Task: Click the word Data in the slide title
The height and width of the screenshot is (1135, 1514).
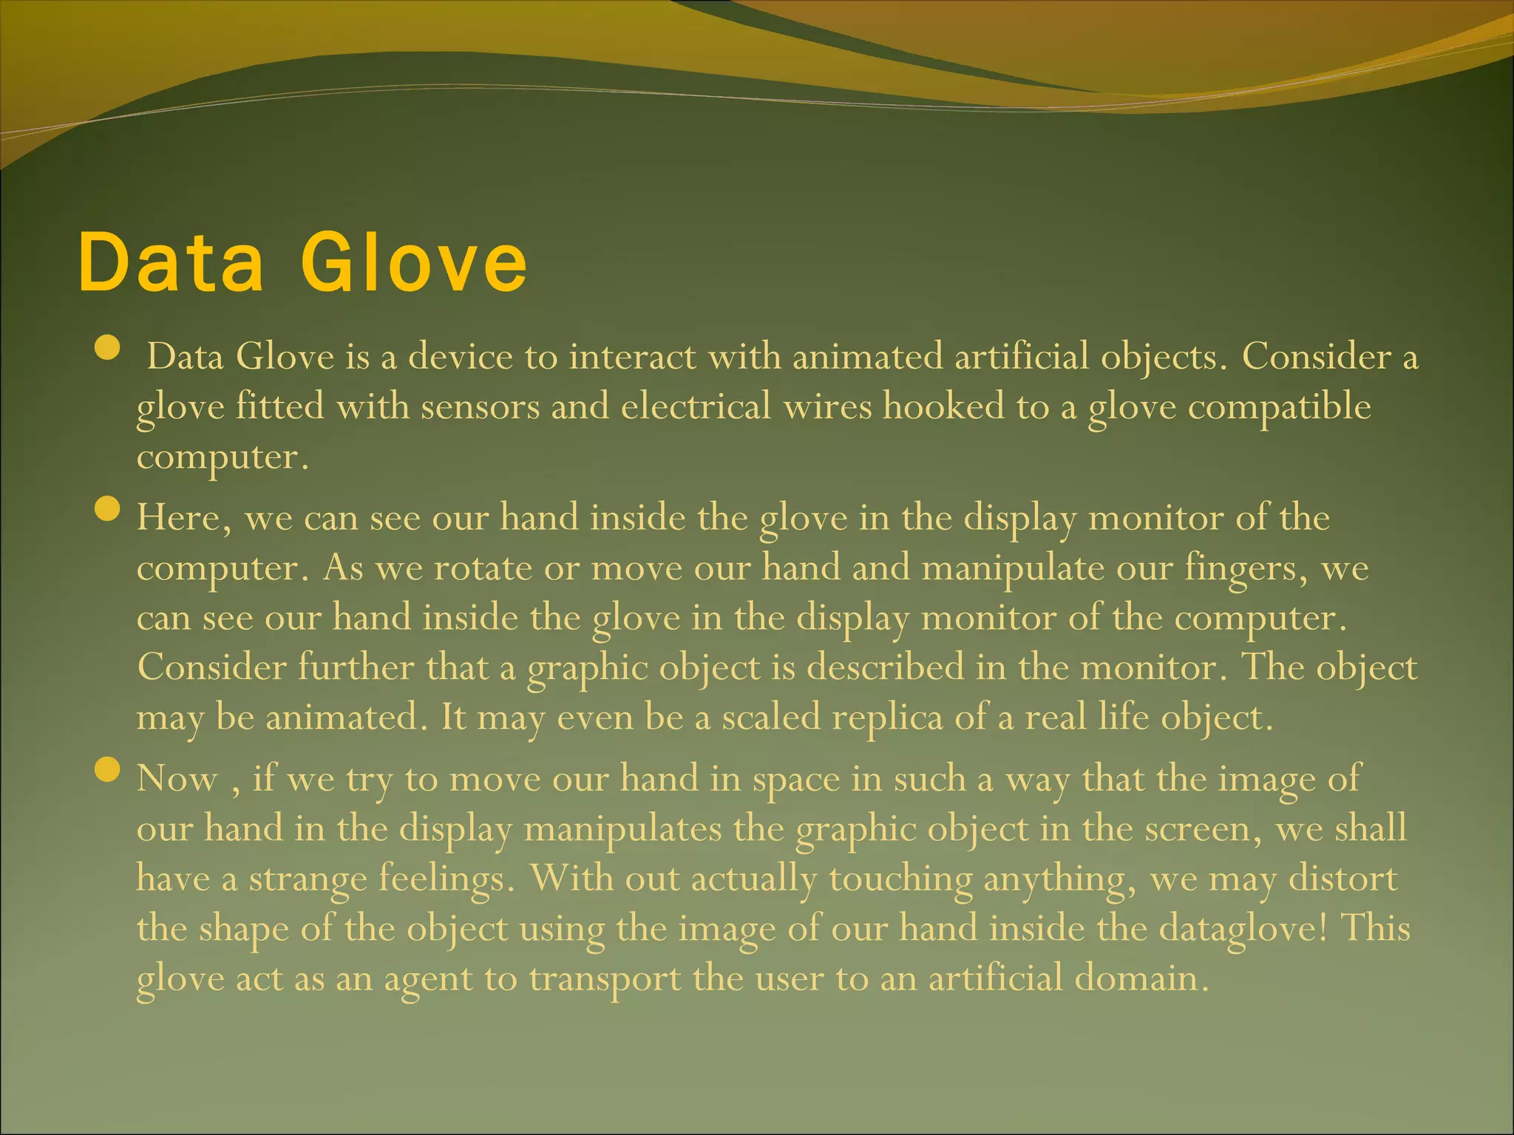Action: click(171, 262)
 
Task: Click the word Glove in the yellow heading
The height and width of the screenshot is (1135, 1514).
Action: click(414, 262)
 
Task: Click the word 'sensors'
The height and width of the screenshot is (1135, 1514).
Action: click(481, 407)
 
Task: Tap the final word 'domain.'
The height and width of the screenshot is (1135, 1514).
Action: click(1141, 979)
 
